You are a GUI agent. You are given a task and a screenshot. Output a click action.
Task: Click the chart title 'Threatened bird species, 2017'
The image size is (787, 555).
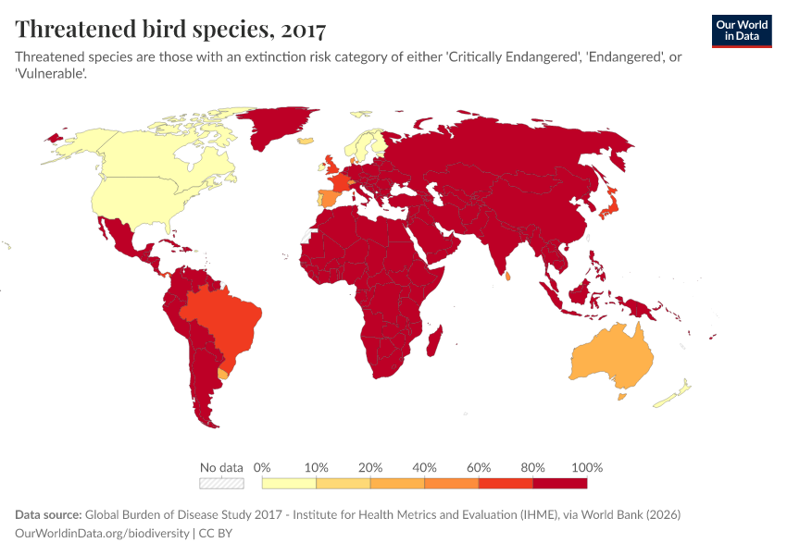(x=170, y=30)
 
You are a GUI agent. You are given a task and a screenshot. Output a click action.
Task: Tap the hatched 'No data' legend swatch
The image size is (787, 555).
(x=221, y=483)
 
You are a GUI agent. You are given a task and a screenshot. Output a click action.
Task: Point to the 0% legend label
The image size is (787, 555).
(x=262, y=467)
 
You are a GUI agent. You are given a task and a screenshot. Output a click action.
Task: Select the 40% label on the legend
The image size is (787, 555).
(x=424, y=467)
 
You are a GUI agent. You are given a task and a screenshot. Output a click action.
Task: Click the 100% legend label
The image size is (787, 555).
(x=588, y=467)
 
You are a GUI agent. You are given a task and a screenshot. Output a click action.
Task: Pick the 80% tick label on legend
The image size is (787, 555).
(x=533, y=467)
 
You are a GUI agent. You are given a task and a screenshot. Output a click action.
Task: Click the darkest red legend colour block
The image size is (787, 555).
(x=560, y=483)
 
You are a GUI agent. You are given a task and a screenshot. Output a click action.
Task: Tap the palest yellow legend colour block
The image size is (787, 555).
(x=289, y=483)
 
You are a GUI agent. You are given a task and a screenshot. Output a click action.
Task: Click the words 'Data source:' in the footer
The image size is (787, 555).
(x=48, y=514)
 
